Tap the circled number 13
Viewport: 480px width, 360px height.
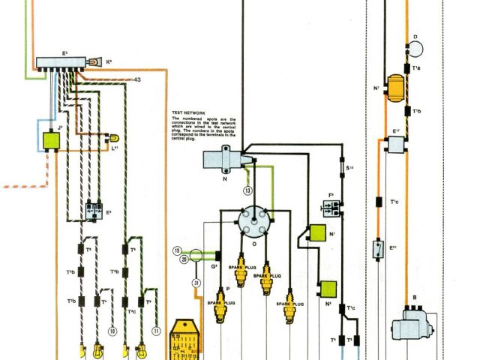tap(247, 190)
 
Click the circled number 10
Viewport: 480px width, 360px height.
tap(113, 331)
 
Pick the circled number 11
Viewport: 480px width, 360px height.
tap(156, 331)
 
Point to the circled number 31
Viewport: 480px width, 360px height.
tap(196, 283)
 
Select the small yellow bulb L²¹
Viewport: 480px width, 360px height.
tap(114, 138)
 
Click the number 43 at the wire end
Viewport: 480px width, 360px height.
tap(137, 79)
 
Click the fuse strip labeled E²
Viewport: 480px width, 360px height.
tap(61, 62)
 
